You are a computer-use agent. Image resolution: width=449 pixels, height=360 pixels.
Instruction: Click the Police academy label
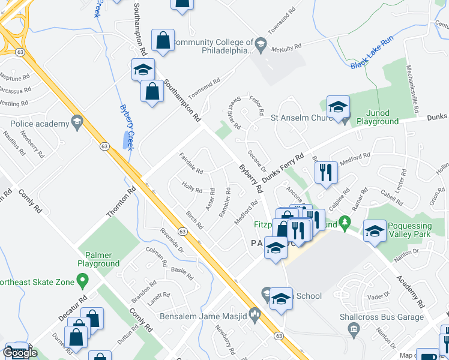40,124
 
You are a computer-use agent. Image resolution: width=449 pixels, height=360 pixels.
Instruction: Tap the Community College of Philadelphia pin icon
261,43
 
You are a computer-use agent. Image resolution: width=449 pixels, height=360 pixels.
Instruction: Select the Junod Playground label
378,116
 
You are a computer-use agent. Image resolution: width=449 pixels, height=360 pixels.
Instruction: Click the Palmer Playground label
98,259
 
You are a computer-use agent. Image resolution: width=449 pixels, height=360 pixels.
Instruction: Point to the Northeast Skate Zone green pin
83,281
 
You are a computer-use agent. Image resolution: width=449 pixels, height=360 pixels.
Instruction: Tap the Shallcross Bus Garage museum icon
354,328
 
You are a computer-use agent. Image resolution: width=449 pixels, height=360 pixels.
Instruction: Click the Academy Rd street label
410,291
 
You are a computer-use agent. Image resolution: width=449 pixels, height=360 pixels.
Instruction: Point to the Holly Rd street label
192,188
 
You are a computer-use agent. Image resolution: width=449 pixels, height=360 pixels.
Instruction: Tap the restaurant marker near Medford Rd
326,173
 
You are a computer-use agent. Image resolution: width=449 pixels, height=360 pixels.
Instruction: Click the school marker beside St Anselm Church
338,108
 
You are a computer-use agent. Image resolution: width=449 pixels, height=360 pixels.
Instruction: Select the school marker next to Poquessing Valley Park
375,232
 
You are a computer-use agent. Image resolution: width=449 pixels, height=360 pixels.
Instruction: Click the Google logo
20,353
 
